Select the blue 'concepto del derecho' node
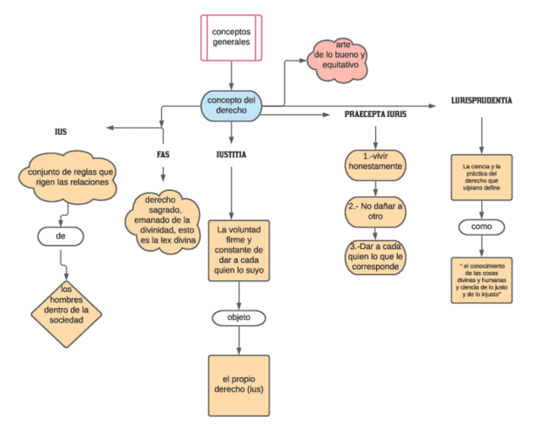(232, 105)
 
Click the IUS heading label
(61, 132)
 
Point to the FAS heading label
(163, 154)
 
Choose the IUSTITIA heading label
(231, 154)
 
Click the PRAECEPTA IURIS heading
(375, 115)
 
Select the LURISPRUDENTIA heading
(482, 101)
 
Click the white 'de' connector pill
(61, 236)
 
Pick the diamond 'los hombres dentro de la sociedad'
(67, 305)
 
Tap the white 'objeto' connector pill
(239, 317)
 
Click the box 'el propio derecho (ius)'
(239, 384)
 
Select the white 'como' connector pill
(482, 227)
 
